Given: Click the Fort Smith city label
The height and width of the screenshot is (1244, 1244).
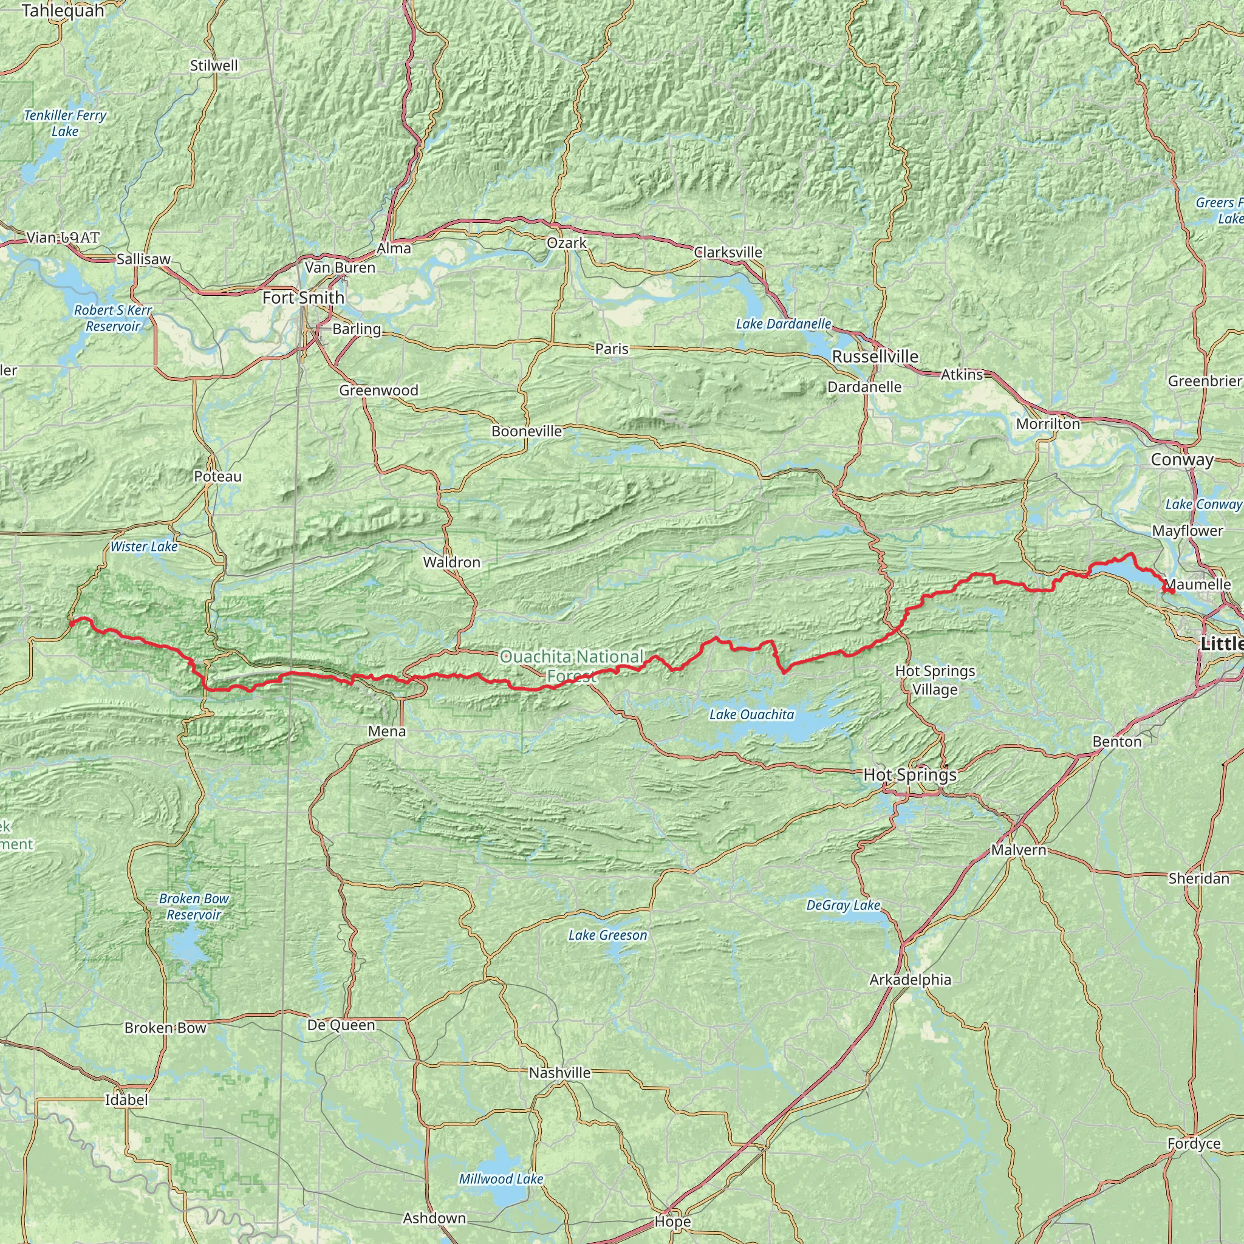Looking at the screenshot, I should click(303, 298).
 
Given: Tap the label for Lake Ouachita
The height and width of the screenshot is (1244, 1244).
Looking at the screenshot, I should click(751, 714).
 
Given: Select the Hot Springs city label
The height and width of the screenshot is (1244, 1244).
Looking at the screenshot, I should click(910, 774).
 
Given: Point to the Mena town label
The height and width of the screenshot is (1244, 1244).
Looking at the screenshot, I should click(387, 731).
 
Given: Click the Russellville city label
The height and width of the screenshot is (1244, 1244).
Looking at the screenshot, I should click(875, 356).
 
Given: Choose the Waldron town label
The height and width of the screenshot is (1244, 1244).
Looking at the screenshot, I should click(451, 562).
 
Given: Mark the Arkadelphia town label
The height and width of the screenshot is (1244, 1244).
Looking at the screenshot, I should click(910, 979).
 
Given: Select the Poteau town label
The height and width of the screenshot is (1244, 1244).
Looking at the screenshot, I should click(217, 476).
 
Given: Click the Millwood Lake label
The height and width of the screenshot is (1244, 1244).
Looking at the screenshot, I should click(501, 1179).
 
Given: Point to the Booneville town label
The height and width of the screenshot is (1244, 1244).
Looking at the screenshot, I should click(527, 431).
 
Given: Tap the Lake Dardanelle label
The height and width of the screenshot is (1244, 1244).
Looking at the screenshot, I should click(783, 324).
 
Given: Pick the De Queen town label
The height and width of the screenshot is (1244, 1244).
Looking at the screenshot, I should click(341, 1025).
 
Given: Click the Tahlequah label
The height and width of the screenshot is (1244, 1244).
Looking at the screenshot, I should click(63, 11).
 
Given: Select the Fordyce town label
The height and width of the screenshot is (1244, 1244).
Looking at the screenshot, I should click(1194, 1144).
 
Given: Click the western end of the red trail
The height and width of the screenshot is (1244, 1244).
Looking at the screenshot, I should click(71, 622).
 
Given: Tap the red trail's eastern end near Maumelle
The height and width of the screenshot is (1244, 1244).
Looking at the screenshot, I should click(1172, 591).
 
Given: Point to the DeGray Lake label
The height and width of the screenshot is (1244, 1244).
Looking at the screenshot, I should click(843, 904).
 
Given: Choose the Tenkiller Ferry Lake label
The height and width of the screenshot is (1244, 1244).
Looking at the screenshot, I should click(65, 123).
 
